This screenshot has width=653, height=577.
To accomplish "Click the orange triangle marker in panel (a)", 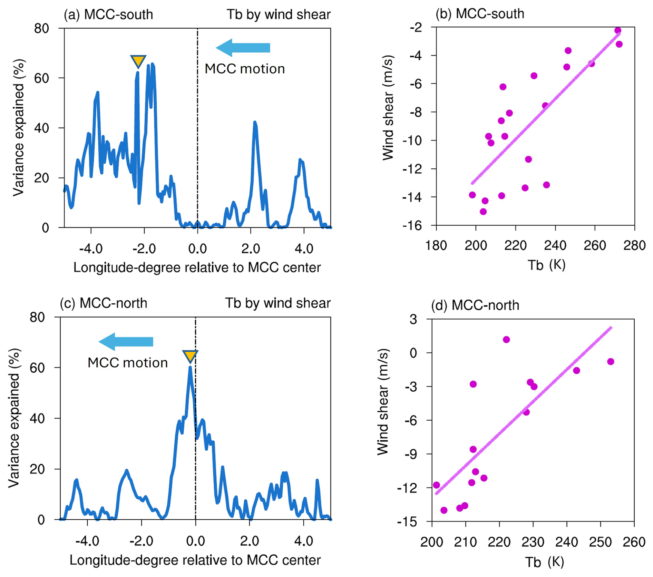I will (x=138, y=61).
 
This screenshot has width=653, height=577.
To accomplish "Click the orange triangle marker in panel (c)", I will (x=190, y=355).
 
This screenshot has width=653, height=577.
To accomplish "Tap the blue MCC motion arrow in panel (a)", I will (x=243, y=48).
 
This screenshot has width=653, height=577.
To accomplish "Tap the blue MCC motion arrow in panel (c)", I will (x=126, y=342).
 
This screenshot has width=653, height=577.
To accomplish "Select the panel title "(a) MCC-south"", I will (x=108, y=14).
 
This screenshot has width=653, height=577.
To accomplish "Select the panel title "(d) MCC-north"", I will (x=475, y=305).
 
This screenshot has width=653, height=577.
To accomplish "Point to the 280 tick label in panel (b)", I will (x=635, y=245).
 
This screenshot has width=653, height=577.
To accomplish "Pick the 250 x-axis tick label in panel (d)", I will (x=601, y=542).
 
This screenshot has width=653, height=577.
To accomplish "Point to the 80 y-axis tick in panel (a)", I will (x=42, y=28).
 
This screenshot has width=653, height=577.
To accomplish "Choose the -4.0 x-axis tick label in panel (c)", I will (x=87, y=541).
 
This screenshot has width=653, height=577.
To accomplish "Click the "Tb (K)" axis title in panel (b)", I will (x=546, y=265).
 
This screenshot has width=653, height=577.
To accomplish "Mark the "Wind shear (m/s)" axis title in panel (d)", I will (x=383, y=402).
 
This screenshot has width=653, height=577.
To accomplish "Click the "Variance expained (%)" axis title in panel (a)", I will (x=19, y=128).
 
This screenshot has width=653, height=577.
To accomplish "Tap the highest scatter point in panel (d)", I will (x=506, y=340).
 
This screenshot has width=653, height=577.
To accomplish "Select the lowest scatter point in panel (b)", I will (x=483, y=212).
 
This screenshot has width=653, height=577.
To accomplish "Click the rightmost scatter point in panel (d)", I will (x=611, y=362).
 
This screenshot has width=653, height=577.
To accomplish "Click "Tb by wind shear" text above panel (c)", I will (x=278, y=303).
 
